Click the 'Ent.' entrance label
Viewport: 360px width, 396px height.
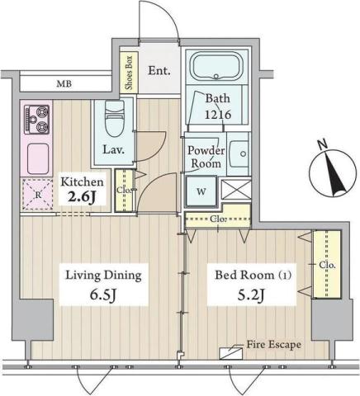[x=159, y=71]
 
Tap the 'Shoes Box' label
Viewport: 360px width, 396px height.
[x=128, y=72]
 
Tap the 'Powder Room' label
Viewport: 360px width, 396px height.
[x=203, y=157]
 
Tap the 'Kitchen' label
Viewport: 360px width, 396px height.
[x=81, y=182]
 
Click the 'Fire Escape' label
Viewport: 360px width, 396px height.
[x=273, y=344]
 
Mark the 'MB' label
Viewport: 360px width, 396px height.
[x=64, y=83]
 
